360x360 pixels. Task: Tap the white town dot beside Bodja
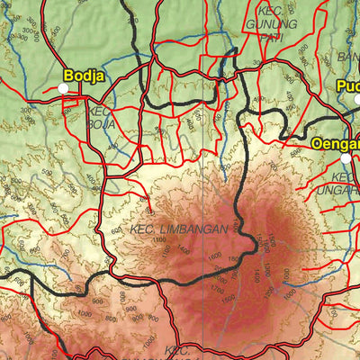(x=63, y=88)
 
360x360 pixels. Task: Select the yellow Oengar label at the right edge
(x=336, y=143)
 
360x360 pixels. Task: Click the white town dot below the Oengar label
(x=345, y=158)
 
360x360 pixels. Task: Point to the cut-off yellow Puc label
(x=348, y=86)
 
